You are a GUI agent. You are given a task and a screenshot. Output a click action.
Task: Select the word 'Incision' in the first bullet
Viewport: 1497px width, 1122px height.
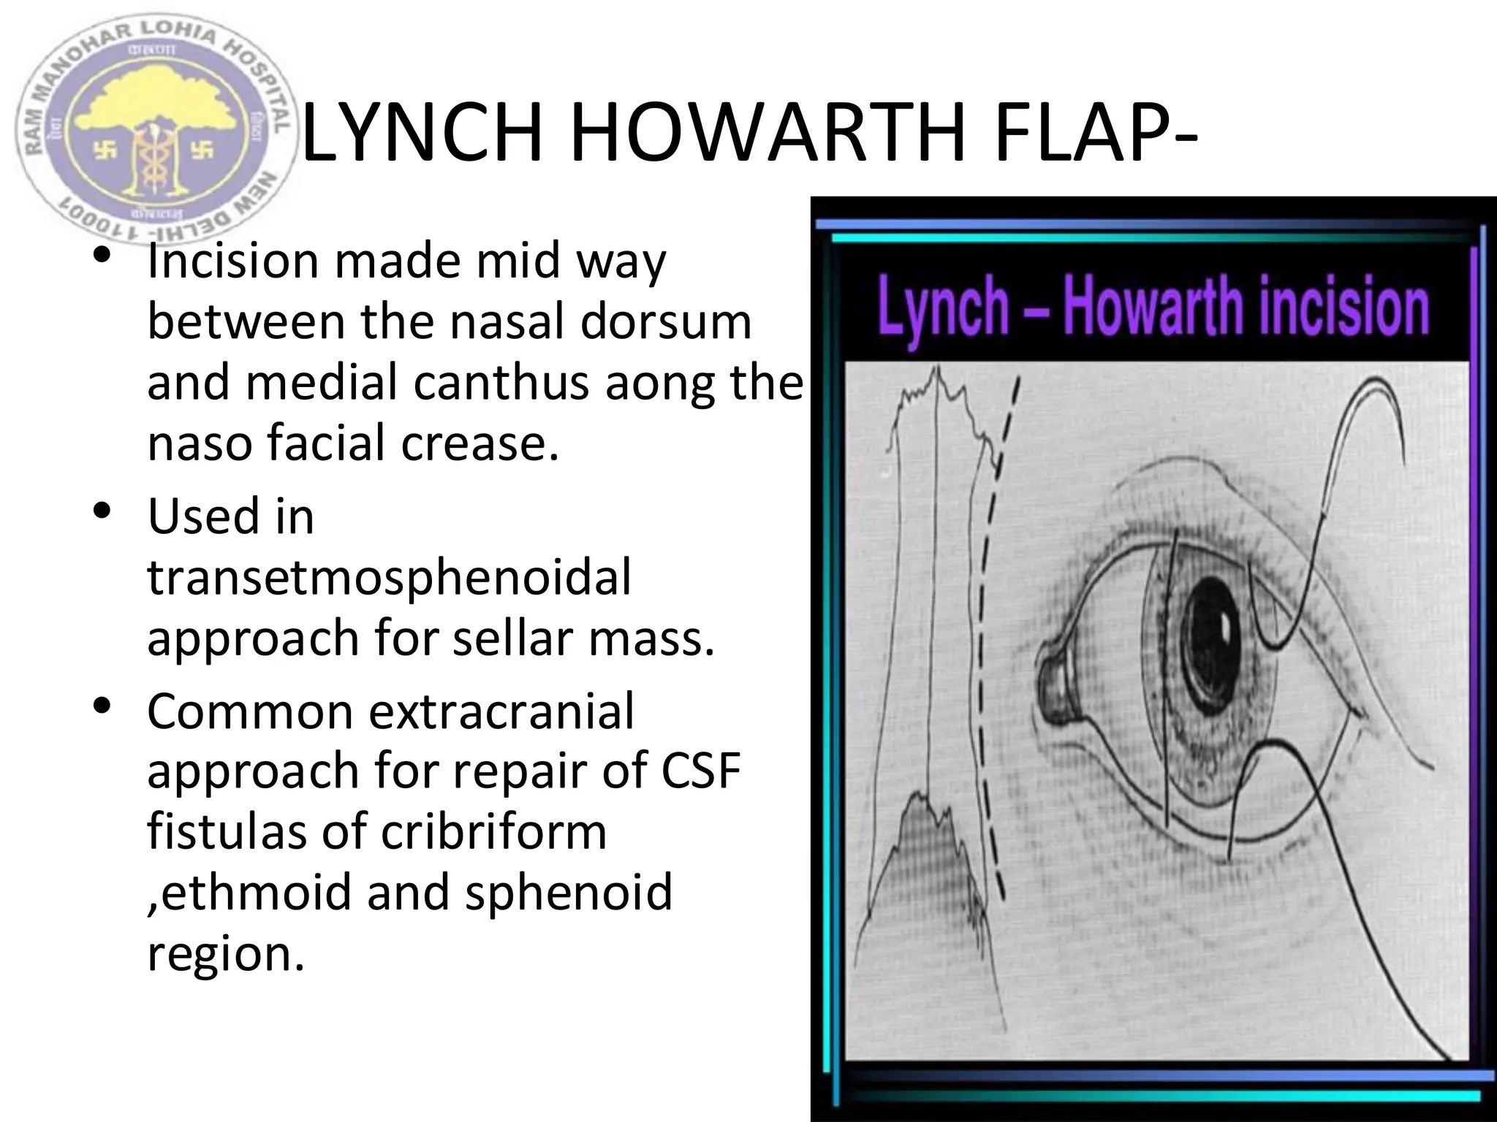232,261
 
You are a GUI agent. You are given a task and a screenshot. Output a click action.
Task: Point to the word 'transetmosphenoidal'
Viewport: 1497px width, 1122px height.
389,577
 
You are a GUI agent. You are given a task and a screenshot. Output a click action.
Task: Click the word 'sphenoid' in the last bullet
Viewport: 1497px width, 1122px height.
568,893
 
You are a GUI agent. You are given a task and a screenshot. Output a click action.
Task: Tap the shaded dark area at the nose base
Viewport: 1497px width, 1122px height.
928,862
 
